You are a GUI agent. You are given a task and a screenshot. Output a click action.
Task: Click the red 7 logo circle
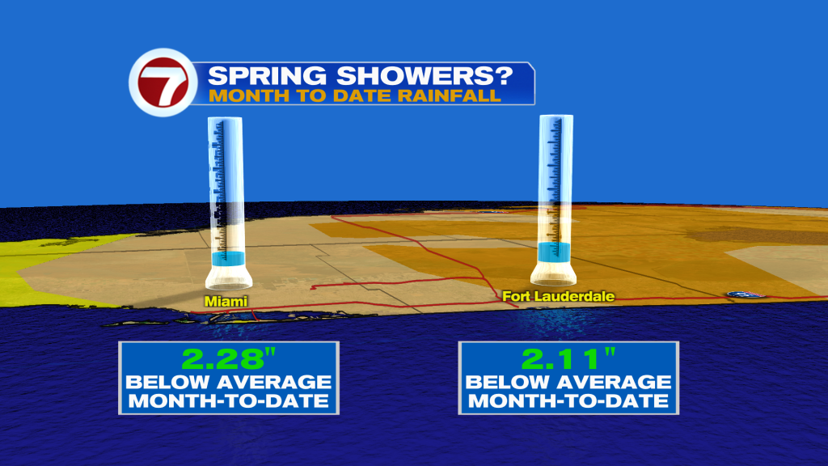coord(163,83)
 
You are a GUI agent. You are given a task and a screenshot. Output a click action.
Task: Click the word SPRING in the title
coord(267,75)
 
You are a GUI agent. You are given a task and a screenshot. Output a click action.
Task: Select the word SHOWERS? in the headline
coord(425,75)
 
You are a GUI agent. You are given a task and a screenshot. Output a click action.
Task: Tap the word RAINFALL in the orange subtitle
coord(449,95)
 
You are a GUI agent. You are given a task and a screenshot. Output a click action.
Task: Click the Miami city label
coord(226,301)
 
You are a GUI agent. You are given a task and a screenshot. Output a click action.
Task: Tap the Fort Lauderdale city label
coord(558,296)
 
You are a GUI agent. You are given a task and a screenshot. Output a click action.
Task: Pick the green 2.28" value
coord(229,359)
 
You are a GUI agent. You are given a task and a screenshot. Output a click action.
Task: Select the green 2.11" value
coord(568,359)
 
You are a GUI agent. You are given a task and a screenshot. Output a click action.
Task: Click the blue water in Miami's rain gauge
coord(228,259)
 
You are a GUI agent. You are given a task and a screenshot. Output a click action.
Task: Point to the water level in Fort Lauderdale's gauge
coord(554,252)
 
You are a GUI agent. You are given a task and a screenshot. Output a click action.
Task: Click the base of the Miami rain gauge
coord(229,277)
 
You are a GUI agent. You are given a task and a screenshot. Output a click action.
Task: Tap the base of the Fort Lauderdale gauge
coord(553,273)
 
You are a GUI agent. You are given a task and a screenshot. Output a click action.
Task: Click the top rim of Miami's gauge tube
coord(225,119)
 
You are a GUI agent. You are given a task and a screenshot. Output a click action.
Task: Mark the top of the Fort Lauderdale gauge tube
coord(556,116)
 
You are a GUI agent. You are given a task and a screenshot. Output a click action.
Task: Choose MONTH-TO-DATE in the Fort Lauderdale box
coord(568,401)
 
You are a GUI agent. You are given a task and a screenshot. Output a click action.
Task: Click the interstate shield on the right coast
coord(745,294)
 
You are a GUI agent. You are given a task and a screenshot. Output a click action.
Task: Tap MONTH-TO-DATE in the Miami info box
coord(229,401)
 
